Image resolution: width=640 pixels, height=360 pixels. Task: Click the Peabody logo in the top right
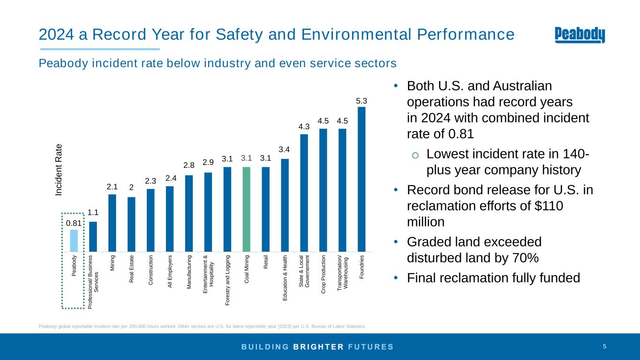click(580, 35)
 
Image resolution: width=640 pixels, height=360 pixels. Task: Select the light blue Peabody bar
click(74, 240)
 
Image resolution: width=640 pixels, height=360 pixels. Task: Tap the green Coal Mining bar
click(246, 209)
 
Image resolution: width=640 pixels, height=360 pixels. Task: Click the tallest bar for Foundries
click(361, 179)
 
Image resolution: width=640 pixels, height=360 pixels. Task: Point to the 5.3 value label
click(361, 101)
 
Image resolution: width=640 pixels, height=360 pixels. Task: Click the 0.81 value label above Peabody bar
click(74, 223)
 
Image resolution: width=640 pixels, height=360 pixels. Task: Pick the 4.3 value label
click(304, 127)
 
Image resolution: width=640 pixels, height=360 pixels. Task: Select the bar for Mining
click(112, 222)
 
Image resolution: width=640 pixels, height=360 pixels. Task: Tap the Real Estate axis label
click(132, 269)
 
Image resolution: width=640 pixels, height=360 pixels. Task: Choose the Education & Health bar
click(285, 205)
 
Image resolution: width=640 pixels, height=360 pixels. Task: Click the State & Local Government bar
click(304, 192)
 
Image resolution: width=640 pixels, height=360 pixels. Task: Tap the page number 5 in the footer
click(605, 346)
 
